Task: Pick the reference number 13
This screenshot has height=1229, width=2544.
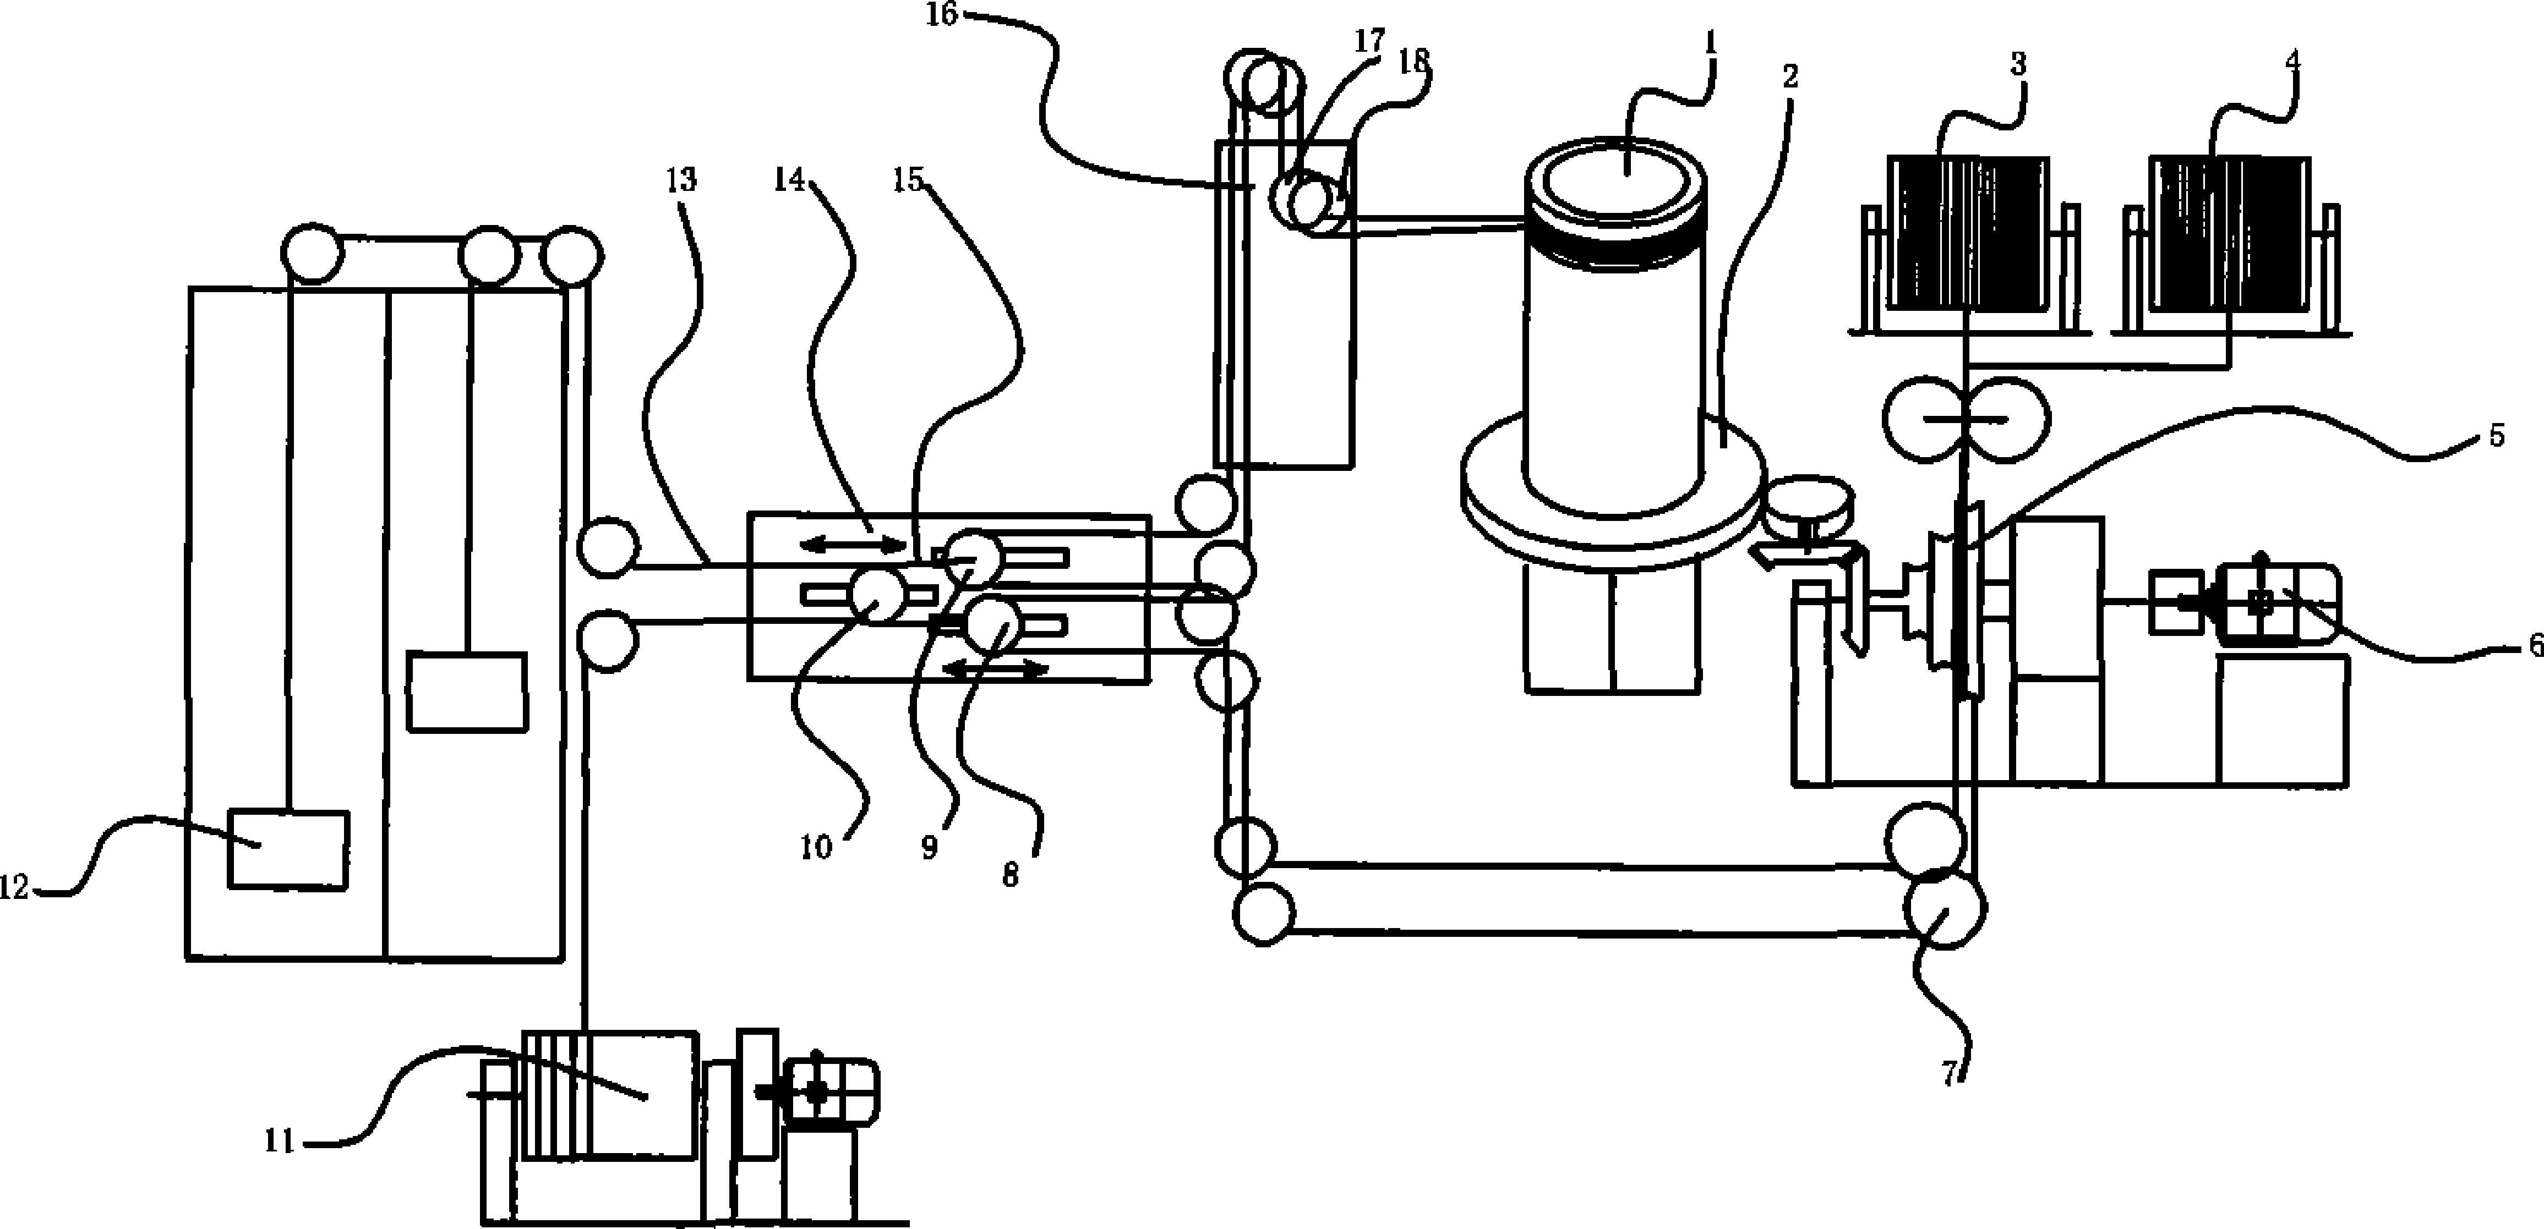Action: coord(681,180)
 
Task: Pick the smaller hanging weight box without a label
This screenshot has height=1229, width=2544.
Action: coord(467,691)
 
